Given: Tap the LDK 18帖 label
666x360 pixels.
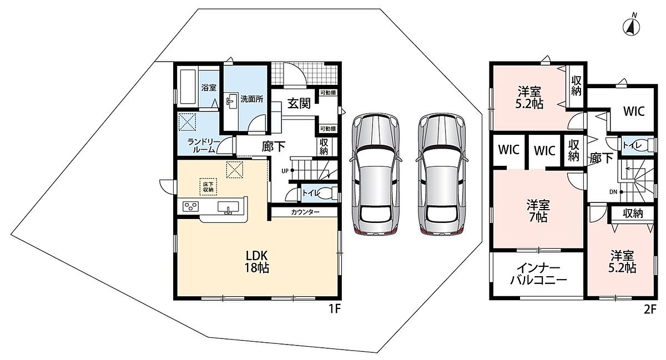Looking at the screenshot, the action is (256, 262).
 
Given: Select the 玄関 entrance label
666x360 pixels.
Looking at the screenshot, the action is (299, 104).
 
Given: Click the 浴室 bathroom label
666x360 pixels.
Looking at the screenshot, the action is (209, 88).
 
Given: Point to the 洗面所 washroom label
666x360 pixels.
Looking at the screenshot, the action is (252, 99).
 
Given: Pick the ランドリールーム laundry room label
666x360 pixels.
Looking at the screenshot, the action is (204, 146).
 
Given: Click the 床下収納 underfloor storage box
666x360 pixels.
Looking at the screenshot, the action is (209, 187).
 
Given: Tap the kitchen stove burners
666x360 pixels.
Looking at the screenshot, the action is (190, 206).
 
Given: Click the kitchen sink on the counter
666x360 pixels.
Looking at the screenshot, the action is (228, 207).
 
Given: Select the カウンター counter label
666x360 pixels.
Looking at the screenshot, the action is (305, 212).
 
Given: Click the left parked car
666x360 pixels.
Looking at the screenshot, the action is (375, 175).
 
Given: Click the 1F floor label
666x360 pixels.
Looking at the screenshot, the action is (334, 310).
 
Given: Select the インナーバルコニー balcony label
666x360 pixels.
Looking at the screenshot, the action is (538, 274).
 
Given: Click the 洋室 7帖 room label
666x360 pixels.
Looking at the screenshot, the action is (538, 211).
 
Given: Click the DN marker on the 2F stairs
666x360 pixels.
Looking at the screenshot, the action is (613, 192).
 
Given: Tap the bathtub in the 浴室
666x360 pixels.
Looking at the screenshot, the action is (188, 87).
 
